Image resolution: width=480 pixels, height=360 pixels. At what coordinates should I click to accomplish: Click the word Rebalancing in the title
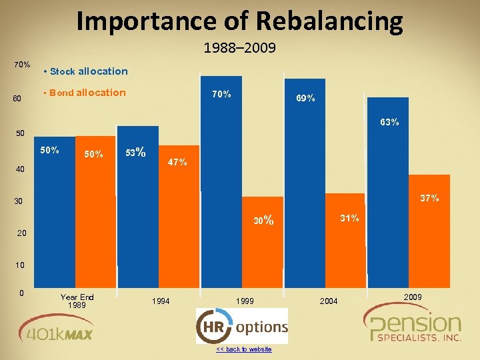pyautogui.click(x=329, y=21)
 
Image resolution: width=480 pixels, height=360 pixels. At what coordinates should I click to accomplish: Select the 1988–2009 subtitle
pyautogui.click(x=240, y=48)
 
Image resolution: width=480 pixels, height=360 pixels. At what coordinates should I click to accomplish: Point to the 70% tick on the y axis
pyautogui.click(x=21, y=65)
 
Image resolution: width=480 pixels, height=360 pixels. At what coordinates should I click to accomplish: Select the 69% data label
pyautogui.click(x=305, y=98)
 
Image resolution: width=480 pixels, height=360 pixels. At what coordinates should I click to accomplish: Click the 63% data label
pyautogui.click(x=389, y=122)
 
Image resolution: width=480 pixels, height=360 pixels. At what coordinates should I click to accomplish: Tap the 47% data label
pyautogui.click(x=177, y=162)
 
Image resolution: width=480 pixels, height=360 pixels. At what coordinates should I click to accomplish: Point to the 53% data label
pyautogui.click(x=135, y=152)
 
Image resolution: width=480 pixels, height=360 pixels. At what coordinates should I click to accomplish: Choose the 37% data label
pyautogui.click(x=429, y=198)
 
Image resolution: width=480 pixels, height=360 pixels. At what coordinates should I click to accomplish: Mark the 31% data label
pyautogui.click(x=349, y=218)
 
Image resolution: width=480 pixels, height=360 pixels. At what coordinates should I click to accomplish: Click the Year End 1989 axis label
pyautogui.click(x=77, y=301)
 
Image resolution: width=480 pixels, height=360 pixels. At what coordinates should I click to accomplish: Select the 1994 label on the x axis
pyautogui.click(x=161, y=301)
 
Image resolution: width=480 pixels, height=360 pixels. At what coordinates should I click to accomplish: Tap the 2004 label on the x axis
pyautogui.click(x=328, y=301)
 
